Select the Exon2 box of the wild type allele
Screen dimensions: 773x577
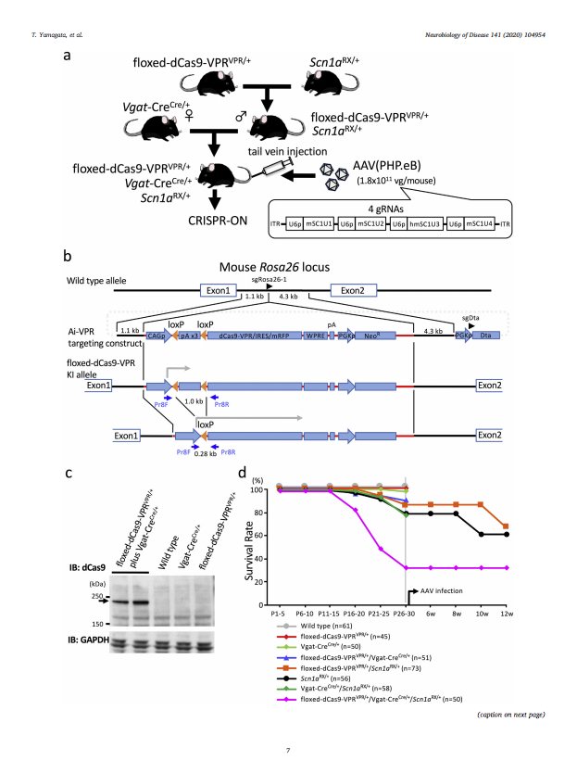click(x=352, y=291)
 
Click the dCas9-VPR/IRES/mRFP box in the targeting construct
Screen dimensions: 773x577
click(x=248, y=340)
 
